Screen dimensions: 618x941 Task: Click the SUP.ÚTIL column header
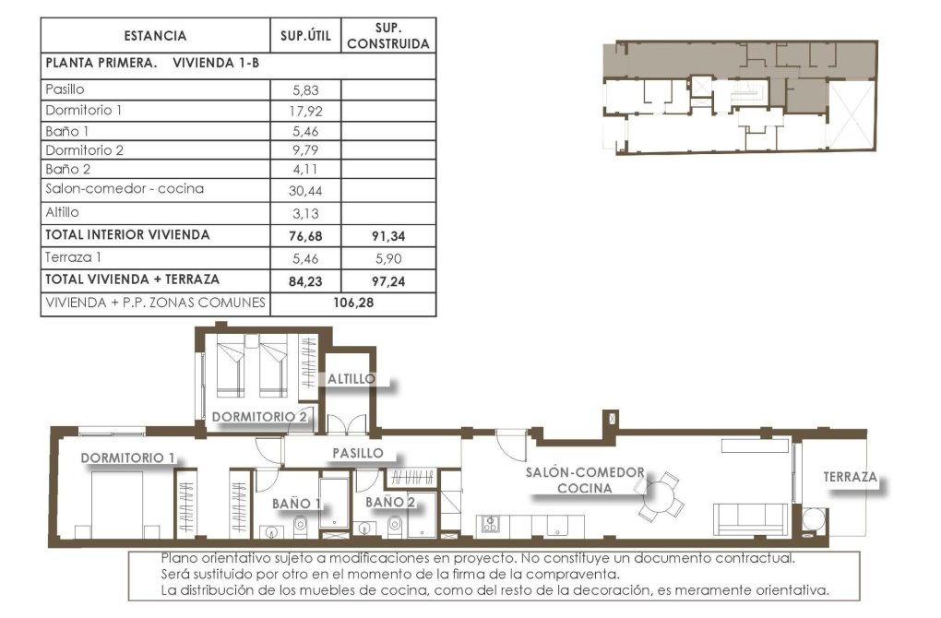[305, 36]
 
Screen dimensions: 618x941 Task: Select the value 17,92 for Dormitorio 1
[305, 111]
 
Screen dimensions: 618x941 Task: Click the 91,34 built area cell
[387, 235]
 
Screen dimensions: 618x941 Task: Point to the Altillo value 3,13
[305, 213]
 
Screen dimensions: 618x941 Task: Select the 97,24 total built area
[387, 280]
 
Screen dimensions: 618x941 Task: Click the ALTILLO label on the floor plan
[351, 379]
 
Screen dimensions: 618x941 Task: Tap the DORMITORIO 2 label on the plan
[258, 416]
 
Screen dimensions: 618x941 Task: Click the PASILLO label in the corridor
[357, 453]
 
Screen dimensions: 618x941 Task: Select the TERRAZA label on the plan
[850, 478]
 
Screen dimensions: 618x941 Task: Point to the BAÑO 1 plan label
[296, 503]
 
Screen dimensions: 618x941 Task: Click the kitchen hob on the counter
[489, 525]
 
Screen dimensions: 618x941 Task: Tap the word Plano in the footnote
[178, 558]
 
